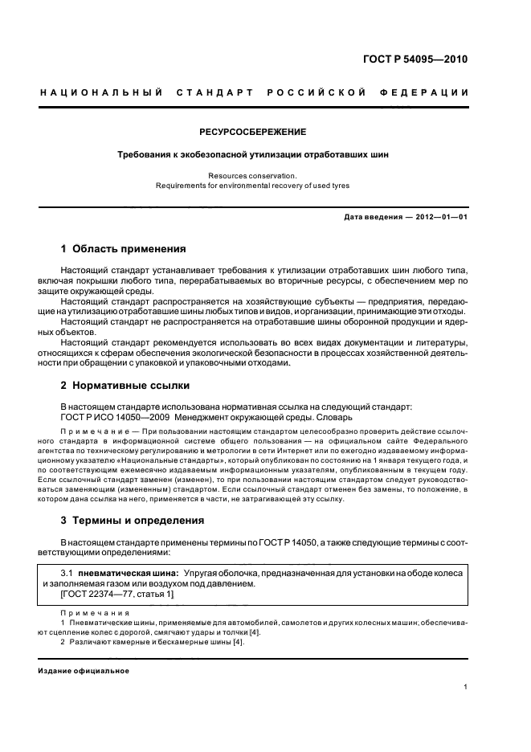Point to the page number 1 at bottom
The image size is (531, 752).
tap(466, 687)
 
